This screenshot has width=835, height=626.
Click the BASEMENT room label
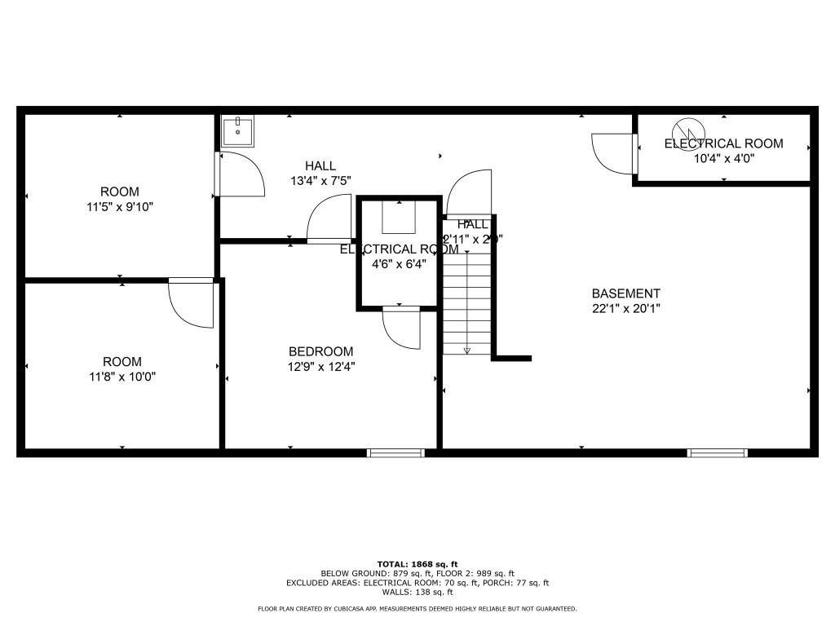pos(625,293)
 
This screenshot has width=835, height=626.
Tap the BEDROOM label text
pos(320,351)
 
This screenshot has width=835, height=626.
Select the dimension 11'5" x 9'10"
pos(120,207)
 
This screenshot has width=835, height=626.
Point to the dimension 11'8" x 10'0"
pos(121,377)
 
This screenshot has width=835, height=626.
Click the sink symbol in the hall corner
pos(238,130)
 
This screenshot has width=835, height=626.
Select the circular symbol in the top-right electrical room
pos(687,132)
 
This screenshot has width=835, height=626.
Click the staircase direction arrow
pos(467,350)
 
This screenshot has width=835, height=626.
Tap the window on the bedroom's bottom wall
pos(395,452)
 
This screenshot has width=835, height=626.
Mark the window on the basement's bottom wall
pos(717,452)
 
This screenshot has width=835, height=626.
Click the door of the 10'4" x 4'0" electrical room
pos(613,153)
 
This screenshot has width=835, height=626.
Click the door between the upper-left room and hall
pos(241,174)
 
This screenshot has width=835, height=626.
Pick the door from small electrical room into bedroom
pos(401,328)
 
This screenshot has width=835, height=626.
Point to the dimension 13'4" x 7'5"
pos(320,180)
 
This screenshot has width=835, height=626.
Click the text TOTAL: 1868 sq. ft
pos(417,564)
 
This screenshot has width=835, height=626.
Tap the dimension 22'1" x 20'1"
pos(625,308)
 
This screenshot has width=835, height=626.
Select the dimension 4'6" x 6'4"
pos(399,263)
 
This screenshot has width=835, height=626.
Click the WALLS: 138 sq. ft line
pos(417,593)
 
